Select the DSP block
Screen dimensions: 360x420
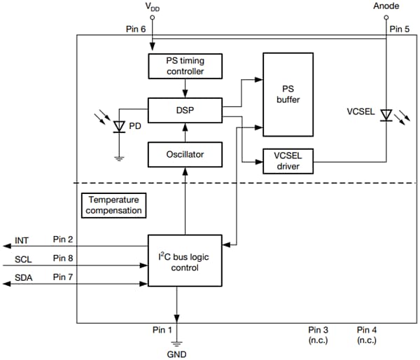[185, 109]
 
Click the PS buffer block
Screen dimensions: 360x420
[287, 95]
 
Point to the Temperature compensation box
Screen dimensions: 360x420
[115, 205]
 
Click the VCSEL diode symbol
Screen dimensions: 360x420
[385, 114]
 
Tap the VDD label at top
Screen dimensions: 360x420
[153, 6]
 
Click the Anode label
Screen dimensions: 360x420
[386, 6]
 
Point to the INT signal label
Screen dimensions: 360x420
[22, 241]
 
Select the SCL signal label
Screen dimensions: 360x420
[23, 260]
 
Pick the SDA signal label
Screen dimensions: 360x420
[23, 279]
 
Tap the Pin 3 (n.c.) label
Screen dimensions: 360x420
[318, 335]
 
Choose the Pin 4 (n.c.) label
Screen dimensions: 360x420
[366, 335]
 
